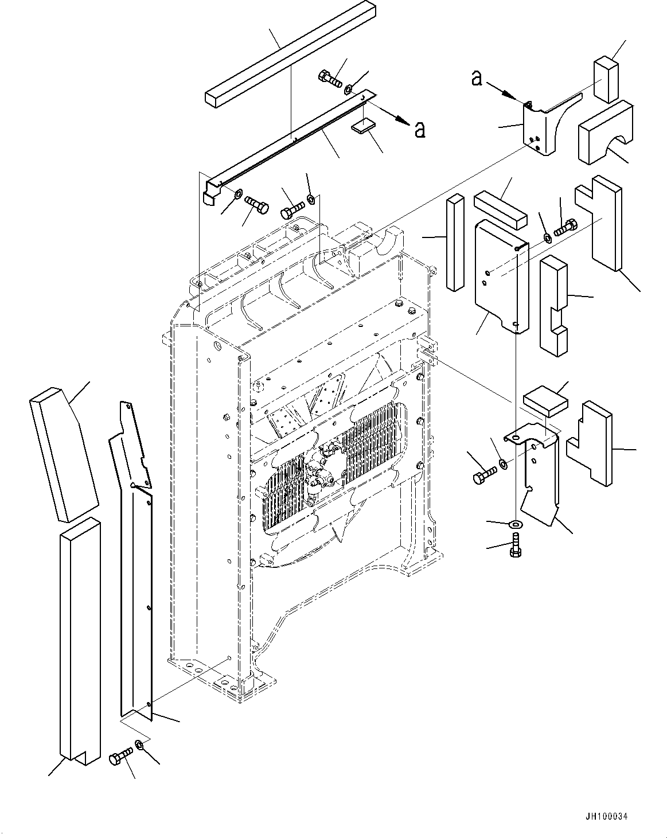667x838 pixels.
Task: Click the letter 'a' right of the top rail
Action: tap(420, 130)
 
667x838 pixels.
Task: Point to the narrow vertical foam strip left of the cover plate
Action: tap(454, 243)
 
